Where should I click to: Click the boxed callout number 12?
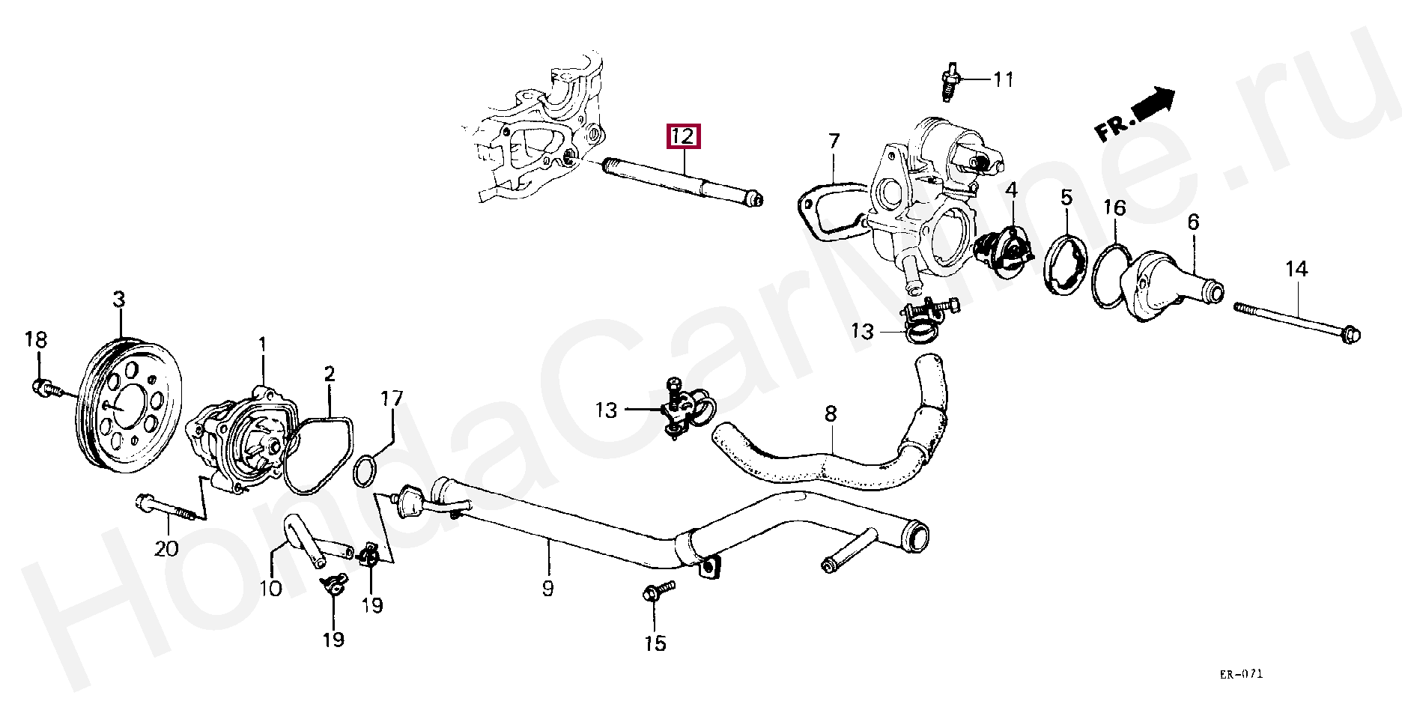click(x=684, y=136)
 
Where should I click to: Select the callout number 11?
click(x=1004, y=79)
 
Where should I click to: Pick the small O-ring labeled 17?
click(x=364, y=473)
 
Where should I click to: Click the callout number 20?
click(x=166, y=548)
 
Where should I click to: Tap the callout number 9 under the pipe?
click(x=547, y=589)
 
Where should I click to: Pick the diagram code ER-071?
click(x=1240, y=674)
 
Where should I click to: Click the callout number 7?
click(x=834, y=141)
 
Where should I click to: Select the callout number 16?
click(x=1114, y=207)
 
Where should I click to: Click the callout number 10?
click(x=270, y=588)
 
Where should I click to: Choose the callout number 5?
click(x=1066, y=198)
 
